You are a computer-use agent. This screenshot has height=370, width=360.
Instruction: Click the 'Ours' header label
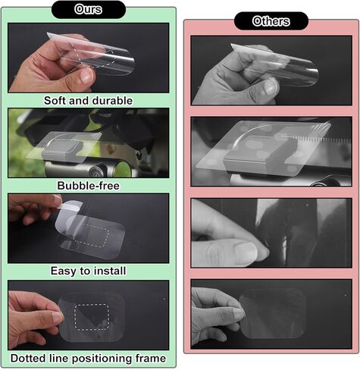click(x=88, y=10)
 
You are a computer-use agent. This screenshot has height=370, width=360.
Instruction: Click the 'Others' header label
click(x=271, y=21)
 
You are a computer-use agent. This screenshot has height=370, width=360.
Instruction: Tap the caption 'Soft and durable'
click(x=88, y=100)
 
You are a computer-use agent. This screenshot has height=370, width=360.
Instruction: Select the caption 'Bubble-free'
click(x=88, y=185)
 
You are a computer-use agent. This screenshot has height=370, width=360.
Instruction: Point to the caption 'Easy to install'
click(x=88, y=271)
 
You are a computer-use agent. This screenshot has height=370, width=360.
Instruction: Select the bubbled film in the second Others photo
click(x=258, y=152)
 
